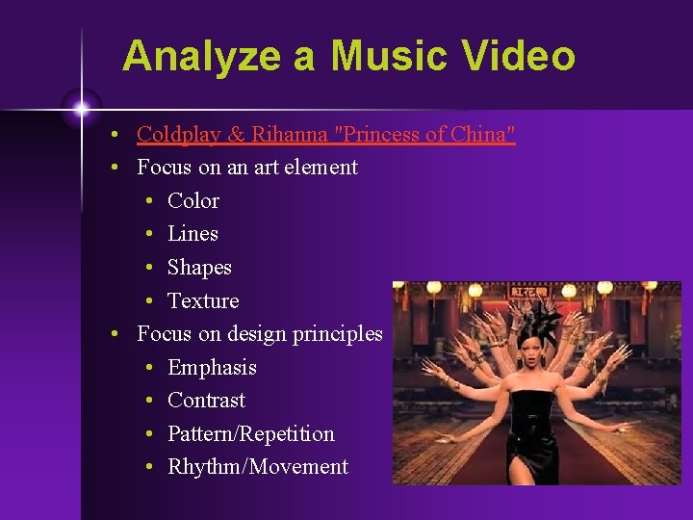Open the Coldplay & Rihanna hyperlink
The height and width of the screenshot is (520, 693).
(325, 135)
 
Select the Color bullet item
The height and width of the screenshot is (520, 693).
(192, 201)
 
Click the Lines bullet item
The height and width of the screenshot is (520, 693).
(192, 234)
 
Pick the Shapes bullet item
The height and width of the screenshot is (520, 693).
(199, 268)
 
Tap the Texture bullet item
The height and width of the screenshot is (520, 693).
(203, 301)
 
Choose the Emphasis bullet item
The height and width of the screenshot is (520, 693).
(212, 368)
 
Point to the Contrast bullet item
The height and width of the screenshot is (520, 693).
(206, 401)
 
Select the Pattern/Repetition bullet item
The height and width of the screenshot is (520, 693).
(250, 434)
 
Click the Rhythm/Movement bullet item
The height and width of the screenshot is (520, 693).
(257, 467)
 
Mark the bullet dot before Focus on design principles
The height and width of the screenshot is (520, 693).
(115, 334)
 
